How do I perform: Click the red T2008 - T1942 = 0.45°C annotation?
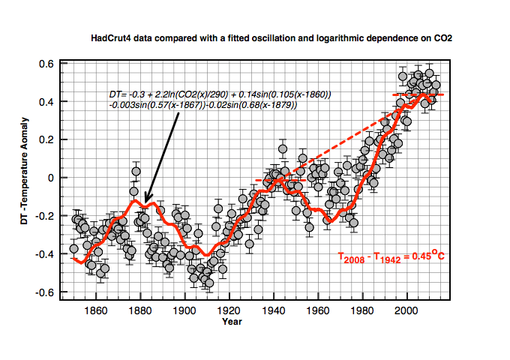pyautogui.click(x=391, y=256)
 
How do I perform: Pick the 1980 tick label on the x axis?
pyautogui.click(x=362, y=310)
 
